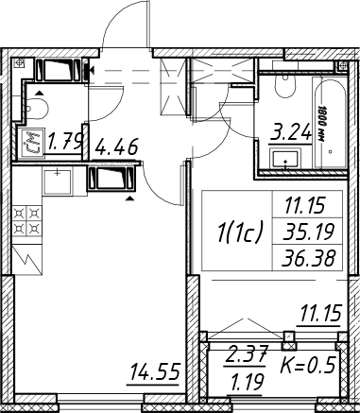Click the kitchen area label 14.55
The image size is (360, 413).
coord(155,371)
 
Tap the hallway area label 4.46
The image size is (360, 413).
coord(116,146)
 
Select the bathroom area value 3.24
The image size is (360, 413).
coord(290,134)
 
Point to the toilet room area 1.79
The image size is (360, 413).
coord(66,141)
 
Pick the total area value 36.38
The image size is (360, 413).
coord(308,258)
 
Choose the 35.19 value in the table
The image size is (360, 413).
coord(308,232)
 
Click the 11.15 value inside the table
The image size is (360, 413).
coord(304,206)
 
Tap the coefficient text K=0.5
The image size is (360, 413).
coord(307,365)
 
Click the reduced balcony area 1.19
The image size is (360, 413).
coord(247,383)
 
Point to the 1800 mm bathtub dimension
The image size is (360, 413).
coord(321,124)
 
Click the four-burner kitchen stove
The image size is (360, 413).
coord(27,220)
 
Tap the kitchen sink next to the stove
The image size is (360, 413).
coord(57,181)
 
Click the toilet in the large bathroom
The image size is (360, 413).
coord(285,86)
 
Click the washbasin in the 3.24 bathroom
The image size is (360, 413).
coord(285,160)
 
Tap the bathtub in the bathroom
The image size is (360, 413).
coord(330,123)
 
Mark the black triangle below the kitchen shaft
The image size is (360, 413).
coord(129,198)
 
